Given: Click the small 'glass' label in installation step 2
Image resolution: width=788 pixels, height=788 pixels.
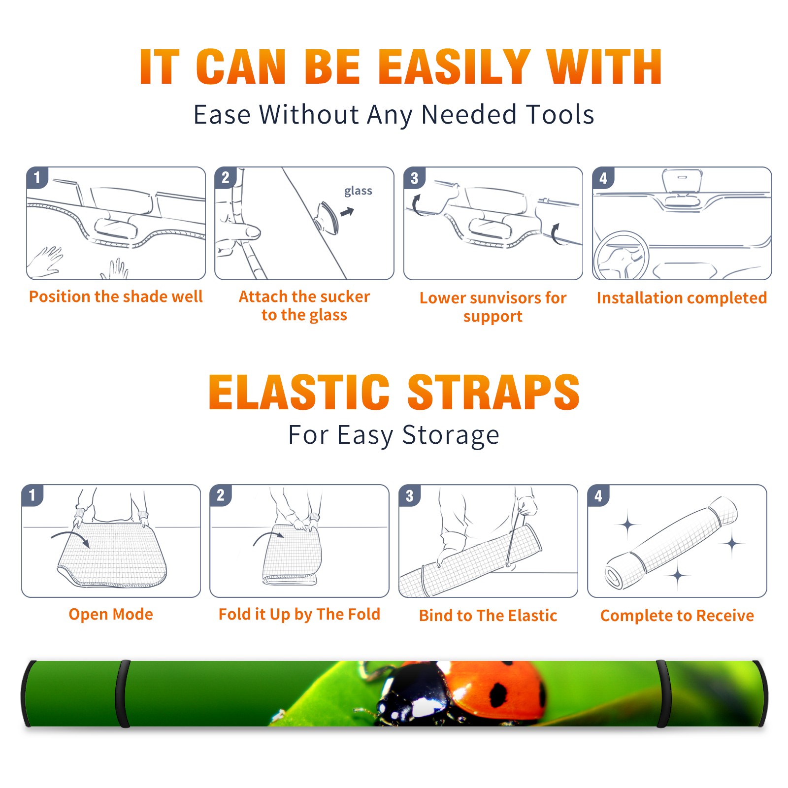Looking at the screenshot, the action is click(358, 191).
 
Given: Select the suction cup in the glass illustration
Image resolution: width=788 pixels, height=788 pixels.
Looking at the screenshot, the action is click(328, 217).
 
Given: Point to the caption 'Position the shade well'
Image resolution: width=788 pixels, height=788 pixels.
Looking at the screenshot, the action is click(116, 296).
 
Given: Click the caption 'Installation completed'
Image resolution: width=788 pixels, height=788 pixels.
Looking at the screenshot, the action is click(682, 298).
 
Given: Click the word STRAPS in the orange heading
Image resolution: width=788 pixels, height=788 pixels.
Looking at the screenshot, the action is click(493, 392).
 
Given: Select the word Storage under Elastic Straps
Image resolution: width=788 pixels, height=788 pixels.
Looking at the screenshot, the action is click(451, 435).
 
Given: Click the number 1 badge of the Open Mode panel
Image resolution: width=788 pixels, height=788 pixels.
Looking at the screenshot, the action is click(33, 495).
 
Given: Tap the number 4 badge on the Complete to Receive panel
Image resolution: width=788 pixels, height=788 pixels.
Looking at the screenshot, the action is click(598, 495).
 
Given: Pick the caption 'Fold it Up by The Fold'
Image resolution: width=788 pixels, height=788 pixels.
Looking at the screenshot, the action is click(299, 614).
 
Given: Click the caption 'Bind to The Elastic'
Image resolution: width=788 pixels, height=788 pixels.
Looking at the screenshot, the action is click(488, 616).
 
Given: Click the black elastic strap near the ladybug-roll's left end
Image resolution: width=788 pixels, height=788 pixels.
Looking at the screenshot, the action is click(123, 693).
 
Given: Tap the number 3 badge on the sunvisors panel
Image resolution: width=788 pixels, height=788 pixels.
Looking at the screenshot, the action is click(414, 178).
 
